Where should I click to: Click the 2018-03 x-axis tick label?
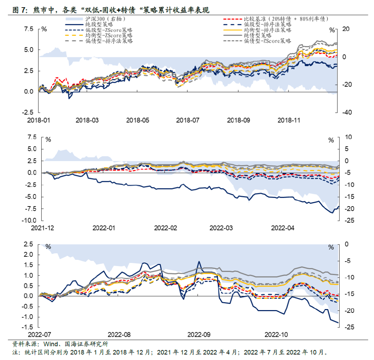point(87,120)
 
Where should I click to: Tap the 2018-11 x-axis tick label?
point(289,120)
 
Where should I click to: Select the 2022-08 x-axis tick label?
point(119,335)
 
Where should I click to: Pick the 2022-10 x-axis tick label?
point(276,335)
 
